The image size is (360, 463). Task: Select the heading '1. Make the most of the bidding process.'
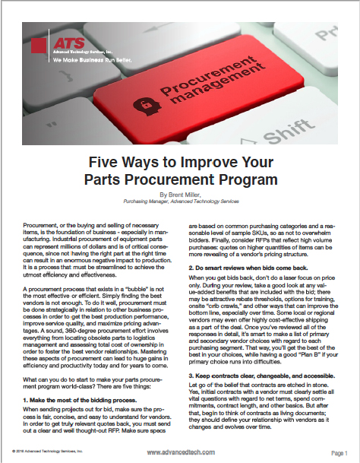(x=76, y=378)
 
